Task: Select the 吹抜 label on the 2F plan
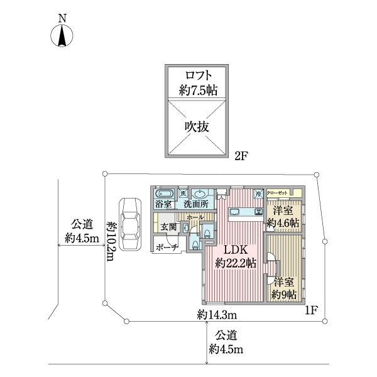(x=197, y=126)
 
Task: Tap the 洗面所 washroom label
(x=196, y=205)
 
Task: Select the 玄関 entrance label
(x=168, y=226)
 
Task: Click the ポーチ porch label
(x=166, y=246)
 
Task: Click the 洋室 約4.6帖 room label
(x=282, y=217)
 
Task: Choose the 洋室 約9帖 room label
(x=284, y=288)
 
